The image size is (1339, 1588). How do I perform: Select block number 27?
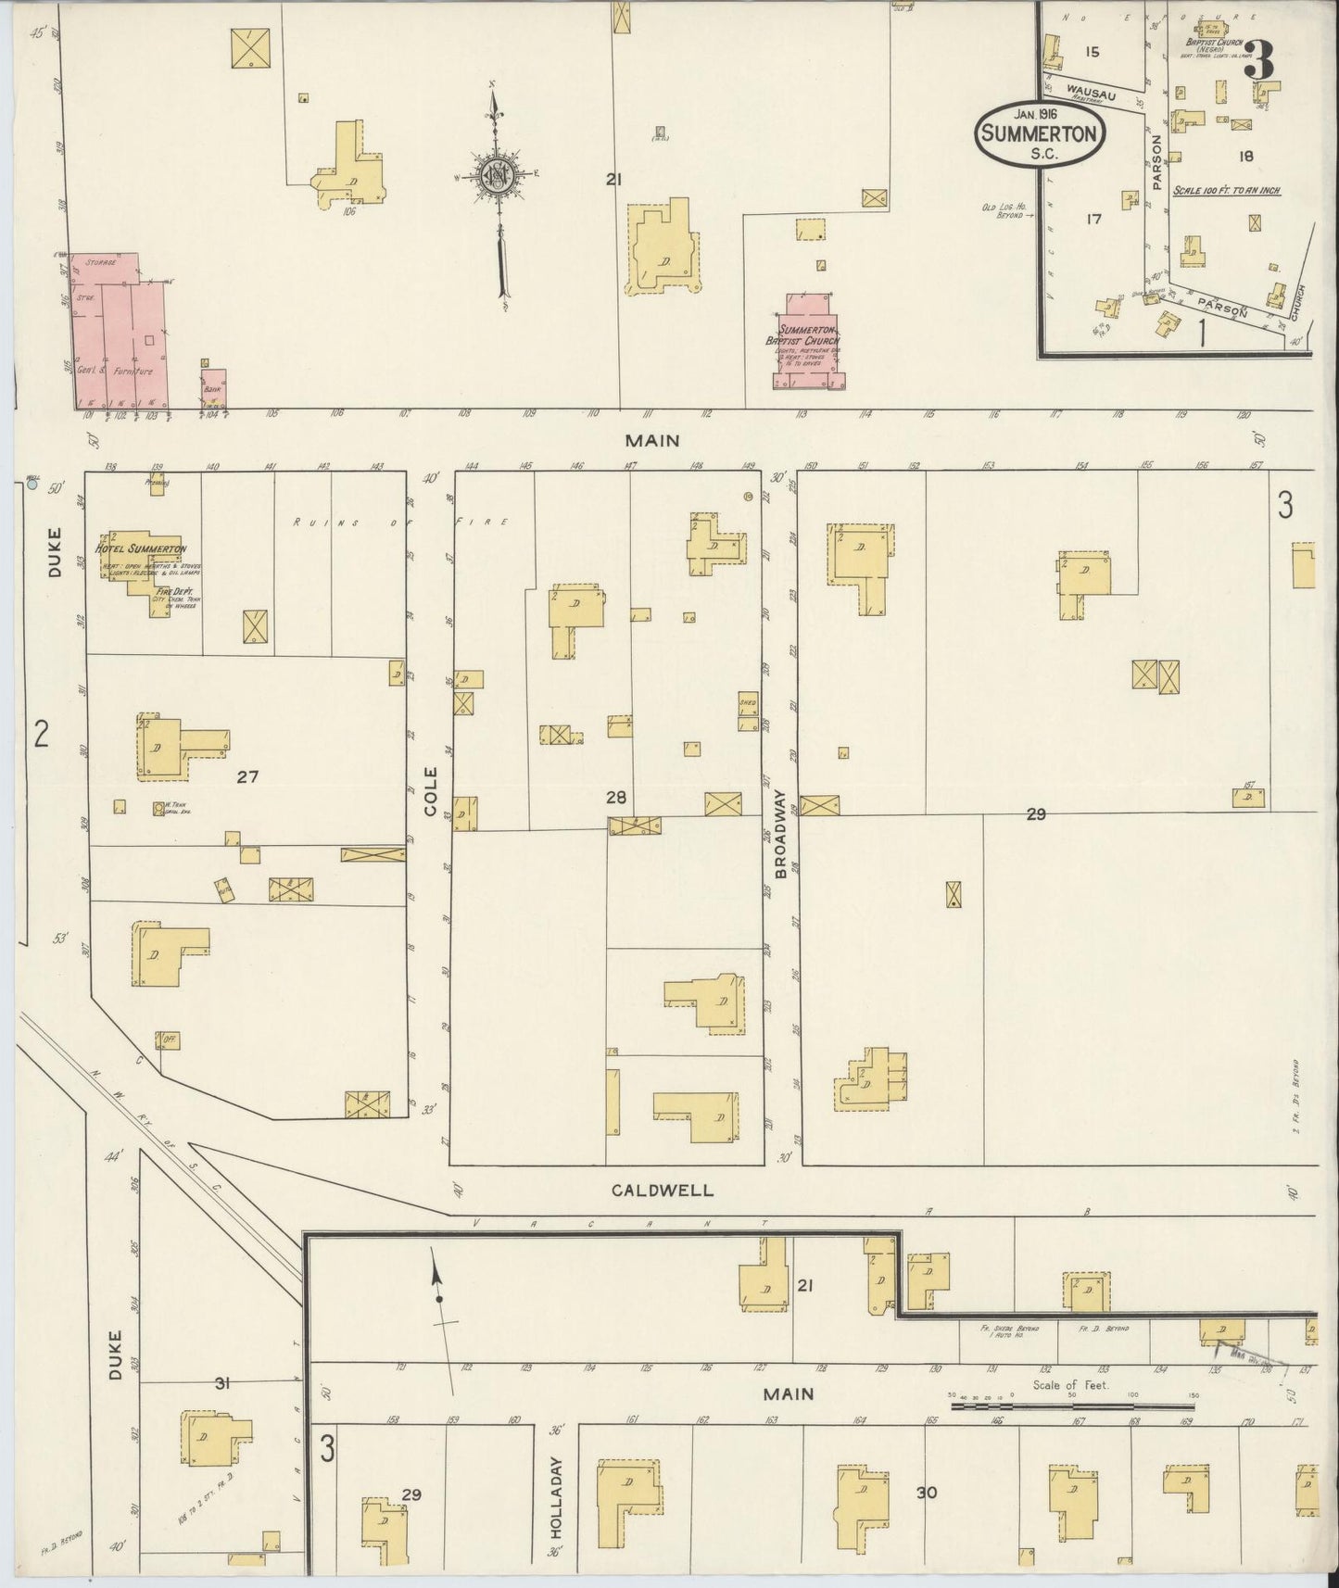point(246,777)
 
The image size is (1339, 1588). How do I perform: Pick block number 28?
point(615,797)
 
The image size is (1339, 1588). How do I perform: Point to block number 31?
point(221,1383)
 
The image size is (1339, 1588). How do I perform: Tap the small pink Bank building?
point(213,388)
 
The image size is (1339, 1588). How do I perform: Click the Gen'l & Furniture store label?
point(120,372)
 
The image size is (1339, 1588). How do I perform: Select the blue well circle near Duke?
point(32,483)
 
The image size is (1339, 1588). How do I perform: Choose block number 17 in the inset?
point(1093,220)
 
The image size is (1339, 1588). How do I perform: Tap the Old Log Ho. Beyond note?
point(1007,209)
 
